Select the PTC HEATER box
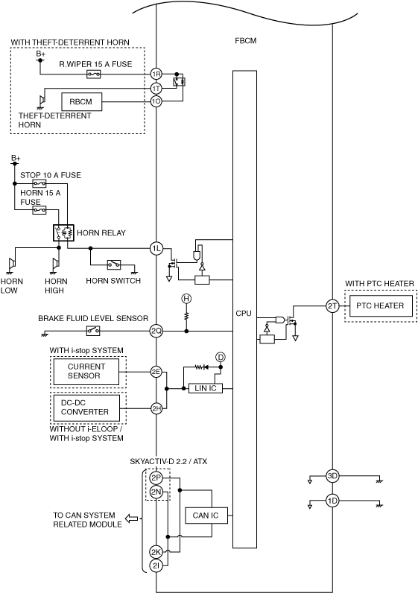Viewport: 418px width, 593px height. click(x=380, y=305)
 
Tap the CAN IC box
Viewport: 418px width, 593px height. click(x=206, y=515)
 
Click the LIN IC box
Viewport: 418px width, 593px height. click(x=206, y=388)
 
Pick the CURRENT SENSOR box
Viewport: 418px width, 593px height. click(x=86, y=372)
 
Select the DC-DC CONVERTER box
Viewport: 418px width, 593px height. click(x=86, y=408)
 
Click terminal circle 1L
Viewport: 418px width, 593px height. click(x=156, y=249)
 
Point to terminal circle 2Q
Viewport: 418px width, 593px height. click(x=156, y=332)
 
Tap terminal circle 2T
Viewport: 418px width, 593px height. click(x=332, y=306)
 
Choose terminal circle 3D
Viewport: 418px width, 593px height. click(x=332, y=476)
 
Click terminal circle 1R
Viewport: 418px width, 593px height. click(x=156, y=74)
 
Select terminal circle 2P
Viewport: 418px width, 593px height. click(x=156, y=478)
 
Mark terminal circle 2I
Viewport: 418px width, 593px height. click(x=156, y=565)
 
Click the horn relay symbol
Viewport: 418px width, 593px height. click(x=63, y=232)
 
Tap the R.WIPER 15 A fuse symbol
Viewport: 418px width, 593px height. click(x=94, y=74)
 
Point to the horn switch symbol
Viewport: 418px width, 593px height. click(x=114, y=264)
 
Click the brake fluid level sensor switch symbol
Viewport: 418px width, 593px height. click(x=93, y=331)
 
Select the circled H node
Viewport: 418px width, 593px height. click(x=186, y=299)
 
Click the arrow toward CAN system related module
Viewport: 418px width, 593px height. click(x=131, y=518)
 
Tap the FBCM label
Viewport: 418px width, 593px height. click(x=245, y=40)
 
